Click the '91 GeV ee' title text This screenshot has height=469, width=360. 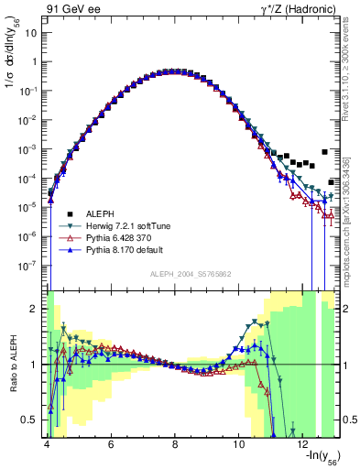[x=71, y=8]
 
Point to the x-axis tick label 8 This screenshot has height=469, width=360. [x=175, y=444]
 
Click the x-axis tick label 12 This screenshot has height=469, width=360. [x=303, y=444]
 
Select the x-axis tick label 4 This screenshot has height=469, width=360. [x=46, y=444]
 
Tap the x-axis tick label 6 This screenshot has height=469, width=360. [x=110, y=444]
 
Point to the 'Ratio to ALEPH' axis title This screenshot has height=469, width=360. [x=12, y=364]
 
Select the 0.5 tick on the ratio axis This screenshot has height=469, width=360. [x=32, y=420]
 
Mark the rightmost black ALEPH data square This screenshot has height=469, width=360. [x=325, y=152]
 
